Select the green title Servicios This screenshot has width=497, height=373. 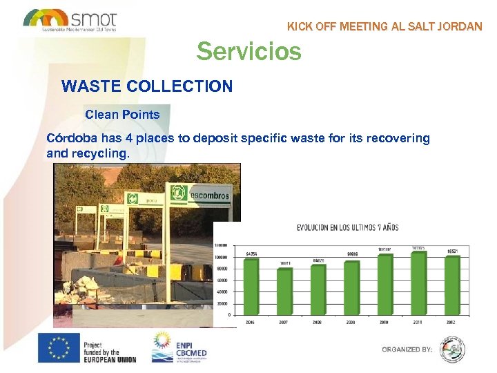pyautogui.click(x=248, y=51)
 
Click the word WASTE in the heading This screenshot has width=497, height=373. pyautogui.click(x=87, y=86)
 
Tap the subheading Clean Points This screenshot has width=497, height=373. pyautogui.click(x=122, y=115)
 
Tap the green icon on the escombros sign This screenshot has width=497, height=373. pyautogui.click(x=178, y=195)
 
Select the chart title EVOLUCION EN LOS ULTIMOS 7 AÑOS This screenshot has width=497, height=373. pyautogui.click(x=347, y=227)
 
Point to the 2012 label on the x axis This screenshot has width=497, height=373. pyautogui.click(x=452, y=322)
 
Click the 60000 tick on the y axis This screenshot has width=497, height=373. pyautogui.click(x=222, y=280)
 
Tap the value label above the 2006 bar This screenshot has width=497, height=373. pyautogui.click(x=251, y=254)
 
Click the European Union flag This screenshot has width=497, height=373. pyautogui.click(x=58, y=347)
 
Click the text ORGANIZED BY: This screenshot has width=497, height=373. pyautogui.click(x=407, y=350)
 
